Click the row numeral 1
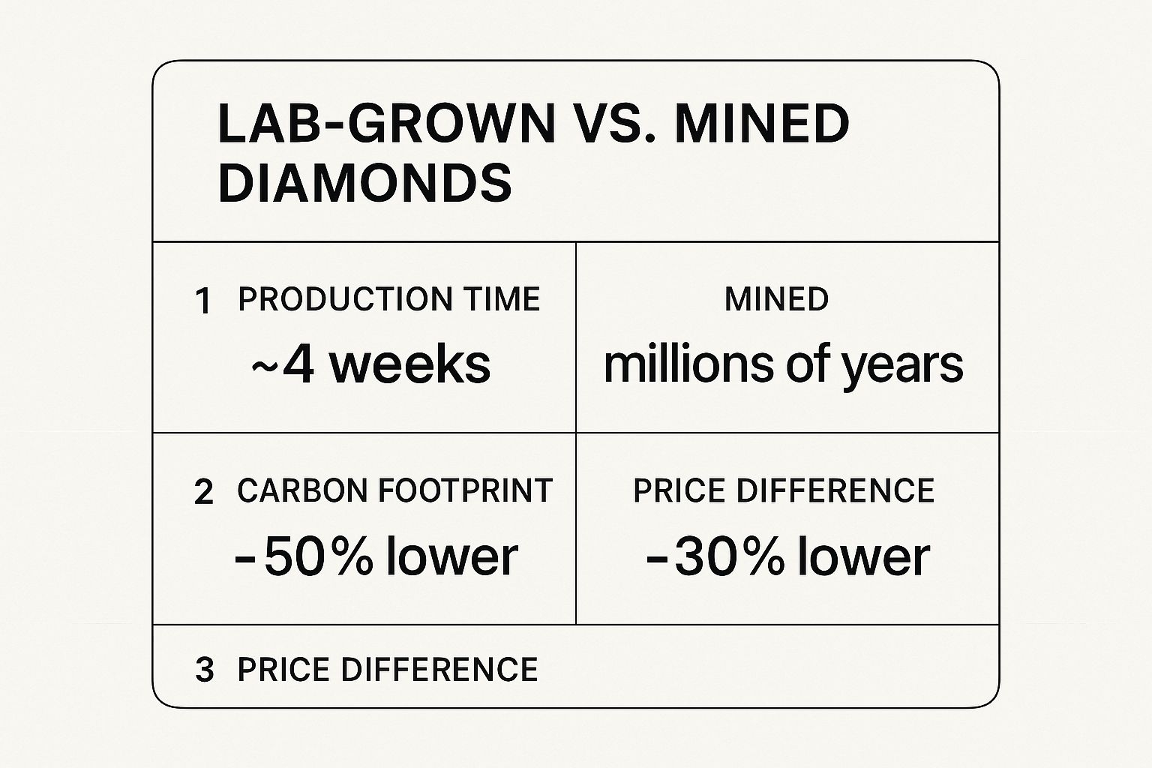(202, 301)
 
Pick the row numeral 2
(203, 493)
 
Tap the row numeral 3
(204, 670)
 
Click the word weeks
(410, 364)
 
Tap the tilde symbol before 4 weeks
(263, 365)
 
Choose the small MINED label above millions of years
(776, 299)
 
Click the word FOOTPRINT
(465, 490)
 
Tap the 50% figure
(318, 556)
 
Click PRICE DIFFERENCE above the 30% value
(784, 490)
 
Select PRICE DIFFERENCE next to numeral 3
(388, 670)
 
